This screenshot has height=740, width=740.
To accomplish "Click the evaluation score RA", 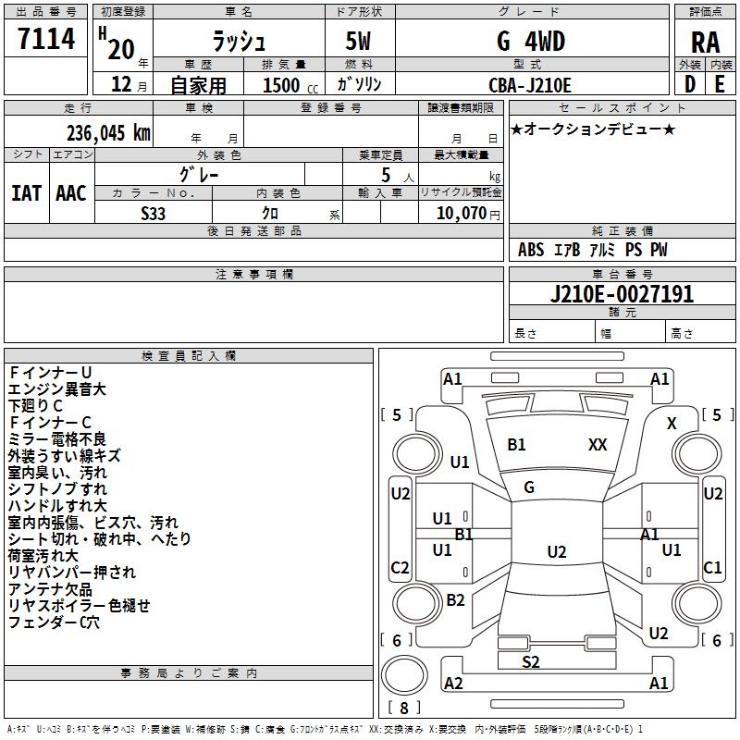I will (x=705, y=43).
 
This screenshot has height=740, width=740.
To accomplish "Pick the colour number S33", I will (x=154, y=212).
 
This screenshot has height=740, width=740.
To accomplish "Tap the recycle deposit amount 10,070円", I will (x=460, y=213).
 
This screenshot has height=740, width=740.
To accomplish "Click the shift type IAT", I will (x=26, y=192).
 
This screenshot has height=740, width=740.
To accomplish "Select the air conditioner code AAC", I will (x=71, y=192).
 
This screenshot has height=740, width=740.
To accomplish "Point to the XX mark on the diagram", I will (x=598, y=445).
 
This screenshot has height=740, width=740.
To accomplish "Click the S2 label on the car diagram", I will (x=531, y=661).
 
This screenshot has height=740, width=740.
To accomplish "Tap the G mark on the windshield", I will (x=529, y=487).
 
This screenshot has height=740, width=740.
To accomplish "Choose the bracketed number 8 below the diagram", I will (x=404, y=709).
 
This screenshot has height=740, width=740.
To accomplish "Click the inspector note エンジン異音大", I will (x=57, y=389).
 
